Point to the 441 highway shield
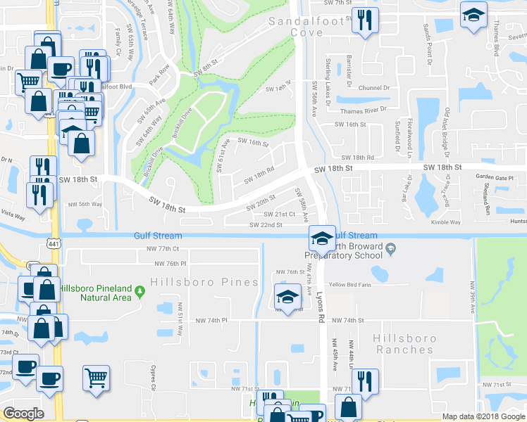(x=52, y=243)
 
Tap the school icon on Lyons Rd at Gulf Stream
(x=321, y=238)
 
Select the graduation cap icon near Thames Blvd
(x=473, y=13)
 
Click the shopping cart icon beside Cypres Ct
(x=96, y=376)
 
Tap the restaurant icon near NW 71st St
(x=364, y=381)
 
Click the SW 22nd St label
(x=266, y=225)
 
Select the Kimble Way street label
(x=445, y=222)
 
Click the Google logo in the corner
(x=23, y=414)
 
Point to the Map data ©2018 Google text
(x=483, y=416)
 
